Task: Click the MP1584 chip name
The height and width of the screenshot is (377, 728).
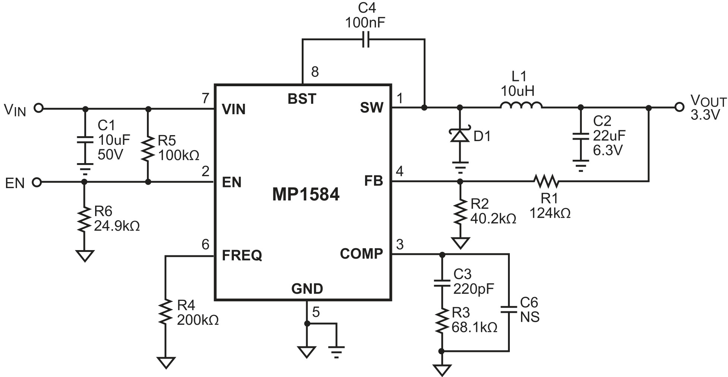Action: [306, 194]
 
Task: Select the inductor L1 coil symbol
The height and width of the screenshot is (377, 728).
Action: [521, 105]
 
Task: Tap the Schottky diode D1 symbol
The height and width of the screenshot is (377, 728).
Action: [460, 135]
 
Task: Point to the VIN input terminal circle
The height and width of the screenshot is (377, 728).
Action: [38, 109]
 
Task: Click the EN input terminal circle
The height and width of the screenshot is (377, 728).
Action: [37, 183]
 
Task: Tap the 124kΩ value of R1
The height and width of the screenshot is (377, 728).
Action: [550, 213]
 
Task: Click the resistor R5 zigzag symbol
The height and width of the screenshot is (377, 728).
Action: [148, 148]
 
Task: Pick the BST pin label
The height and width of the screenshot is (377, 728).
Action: [302, 99]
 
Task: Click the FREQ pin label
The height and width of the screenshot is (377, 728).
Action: [242, 255]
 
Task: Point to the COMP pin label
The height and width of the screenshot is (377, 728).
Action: [361, 254]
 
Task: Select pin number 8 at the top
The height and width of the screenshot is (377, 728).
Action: [315, 72]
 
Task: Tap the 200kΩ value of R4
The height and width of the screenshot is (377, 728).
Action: [198, 320]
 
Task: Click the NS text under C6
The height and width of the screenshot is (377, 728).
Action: [530, 317]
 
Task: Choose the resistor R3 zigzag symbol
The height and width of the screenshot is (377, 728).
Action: [442, 320]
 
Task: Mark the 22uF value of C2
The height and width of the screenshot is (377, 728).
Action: [609, 135]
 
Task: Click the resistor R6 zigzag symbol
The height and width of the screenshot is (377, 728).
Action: [84, 219]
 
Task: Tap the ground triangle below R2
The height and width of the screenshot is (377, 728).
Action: [460, 243]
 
